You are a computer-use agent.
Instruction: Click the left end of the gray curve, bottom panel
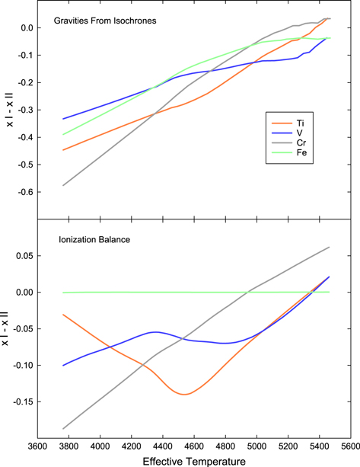click(x=63, y=428)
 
